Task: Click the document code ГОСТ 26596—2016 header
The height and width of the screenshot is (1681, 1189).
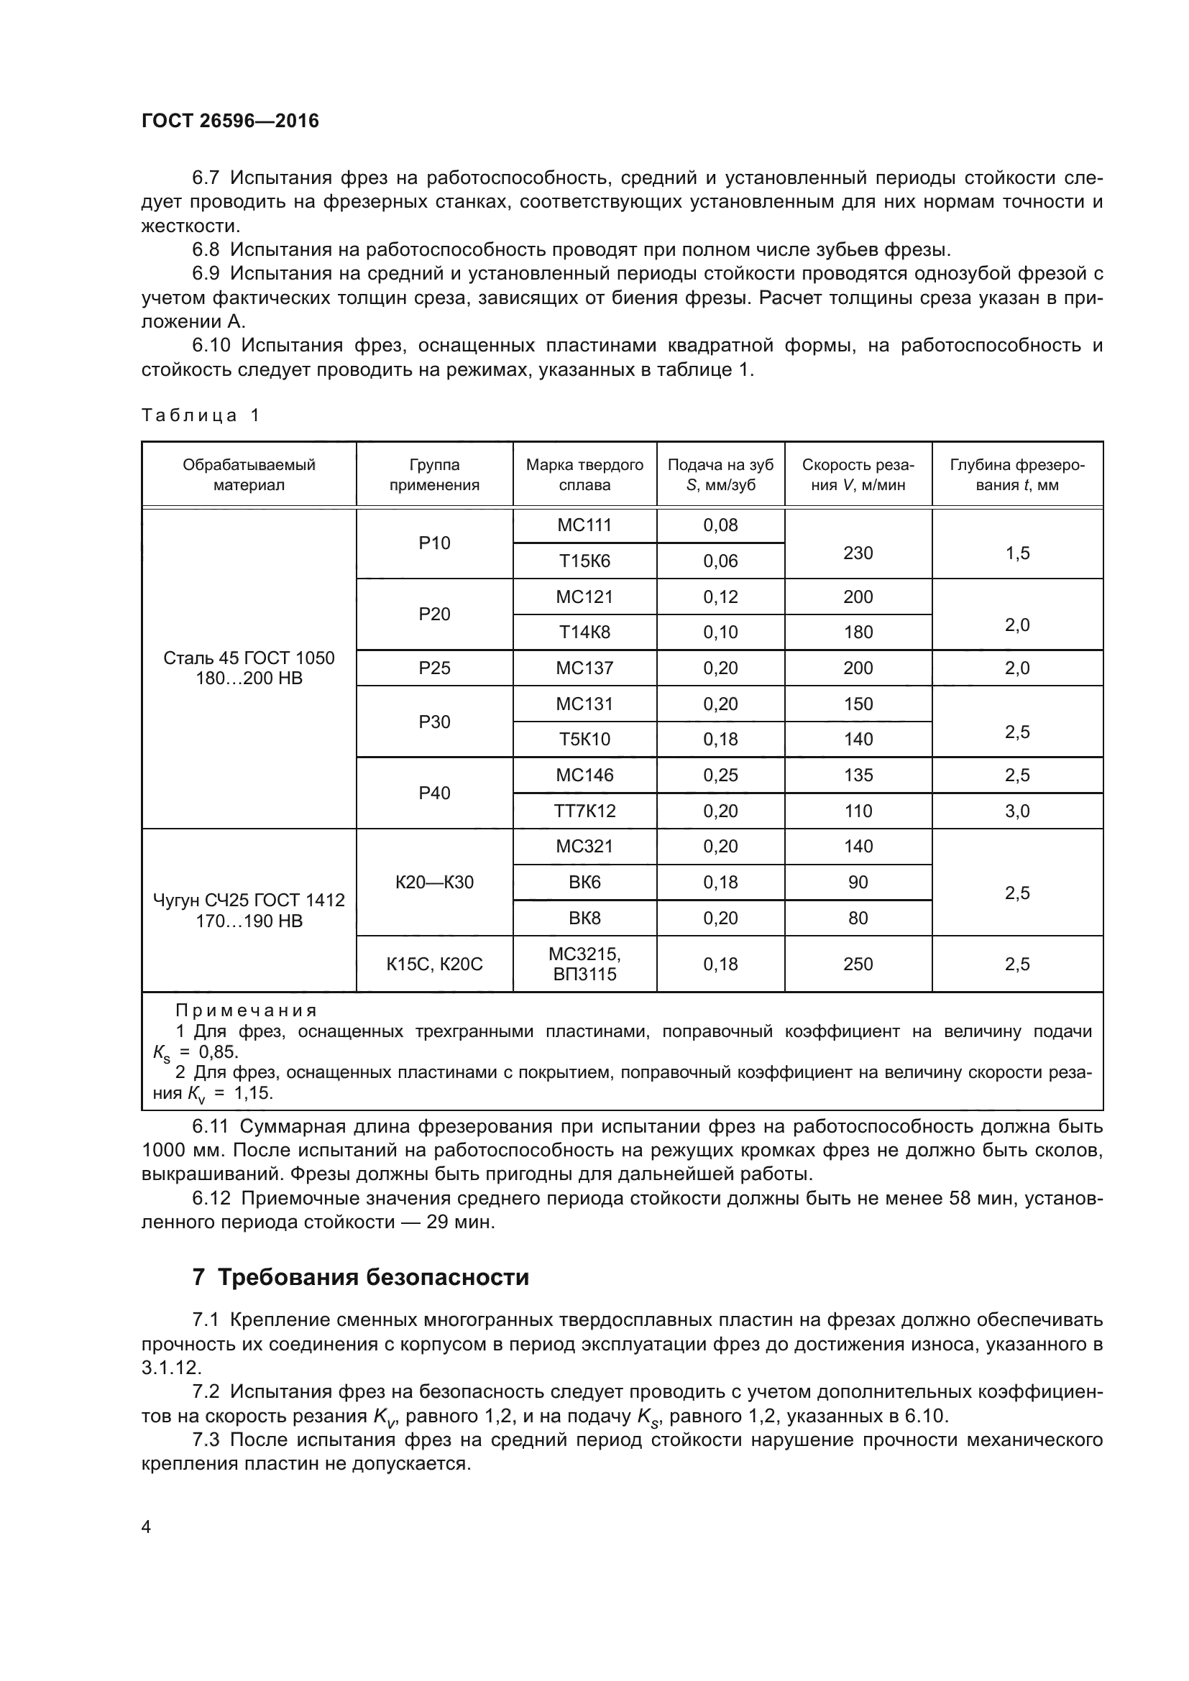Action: (x=230, y=121)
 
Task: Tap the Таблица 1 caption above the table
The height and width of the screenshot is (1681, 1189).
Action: (x=200, y=416)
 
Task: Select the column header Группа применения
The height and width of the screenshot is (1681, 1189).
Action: (x=434, y=474)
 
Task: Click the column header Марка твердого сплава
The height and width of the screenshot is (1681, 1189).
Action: (x=584, y=474)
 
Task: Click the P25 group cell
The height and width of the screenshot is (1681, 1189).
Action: (x=434, y=668)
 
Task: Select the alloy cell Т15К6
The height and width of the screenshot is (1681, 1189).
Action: (x=584, y=561)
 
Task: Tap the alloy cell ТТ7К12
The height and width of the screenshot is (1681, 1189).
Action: (x=584, y=811)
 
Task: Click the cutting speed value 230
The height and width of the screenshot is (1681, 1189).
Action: (x=858, y=553)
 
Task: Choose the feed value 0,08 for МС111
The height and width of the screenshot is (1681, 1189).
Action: (x=720, y=525)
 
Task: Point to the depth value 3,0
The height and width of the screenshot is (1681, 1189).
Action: (x=1017, y=811)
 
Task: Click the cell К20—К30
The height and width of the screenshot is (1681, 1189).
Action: (x=434, y=883)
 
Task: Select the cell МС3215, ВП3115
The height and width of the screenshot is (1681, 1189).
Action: (x=584, y=964)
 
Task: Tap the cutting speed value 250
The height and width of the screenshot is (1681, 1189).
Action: (x=858, y=964)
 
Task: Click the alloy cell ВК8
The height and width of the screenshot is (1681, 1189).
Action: (x=584, y=918)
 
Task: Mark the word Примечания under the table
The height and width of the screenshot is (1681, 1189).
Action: (x=246, y=1010)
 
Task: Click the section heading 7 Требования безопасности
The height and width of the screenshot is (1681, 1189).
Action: (x=360, y=1278)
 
